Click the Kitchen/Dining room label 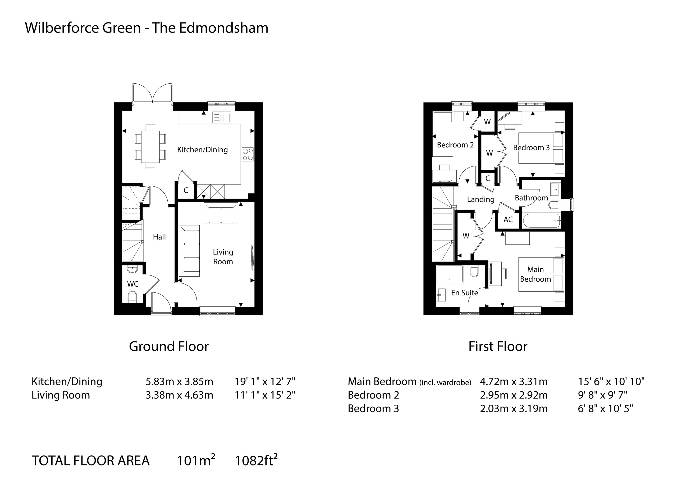pos(202,150)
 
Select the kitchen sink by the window pos(222,118)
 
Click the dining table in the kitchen pos(150,147)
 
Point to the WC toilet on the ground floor pos(133,296)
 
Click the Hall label pos(159,237)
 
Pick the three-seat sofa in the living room pos(189,251)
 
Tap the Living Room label pos(223,257)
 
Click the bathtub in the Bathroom pos(541,221)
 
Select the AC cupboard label pos(508,220)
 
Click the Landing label pos(481,199)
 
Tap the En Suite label pos(464,293)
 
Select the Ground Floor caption pos(169,346)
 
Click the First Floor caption pos(498,346)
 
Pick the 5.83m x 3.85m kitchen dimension pos(179,382)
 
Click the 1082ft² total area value pos(256,460)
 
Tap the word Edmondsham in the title pos(223,28)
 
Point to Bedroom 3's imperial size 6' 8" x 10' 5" pos(605,409)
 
